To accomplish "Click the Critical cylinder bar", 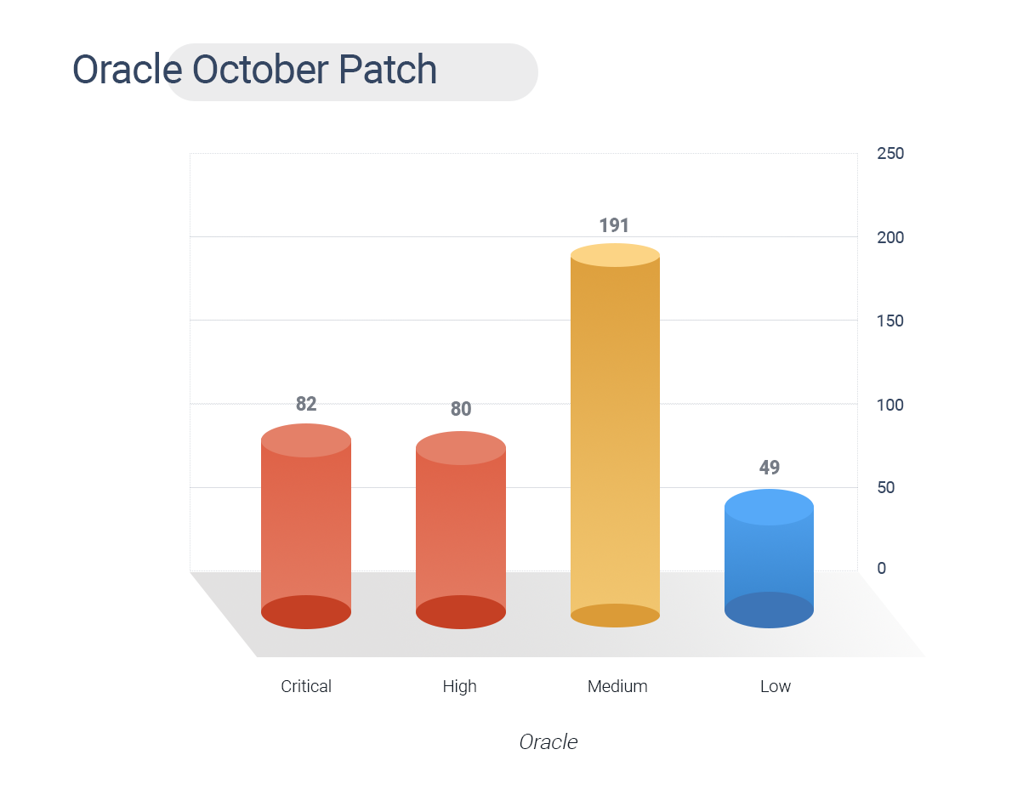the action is pos(306,526).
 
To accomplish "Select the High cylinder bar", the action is pos(460,530).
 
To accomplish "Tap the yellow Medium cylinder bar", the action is pos(615,435).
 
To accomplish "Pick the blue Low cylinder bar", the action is pos(769,559).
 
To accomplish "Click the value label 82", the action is pos(306,404).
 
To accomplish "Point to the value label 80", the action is pos(460,409).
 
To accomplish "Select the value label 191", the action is pos(614,225).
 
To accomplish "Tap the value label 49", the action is pos(770,467).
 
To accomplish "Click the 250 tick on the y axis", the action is pos(890,153).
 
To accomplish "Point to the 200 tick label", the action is pos(890,237).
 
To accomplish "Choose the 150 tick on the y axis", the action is pos(889,321).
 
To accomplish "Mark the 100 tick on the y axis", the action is pos(889,405).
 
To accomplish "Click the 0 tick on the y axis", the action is pos(881,568).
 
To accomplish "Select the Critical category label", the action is pos(306,686).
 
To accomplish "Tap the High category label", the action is pos(459,686).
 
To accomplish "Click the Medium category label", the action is pos(617,686).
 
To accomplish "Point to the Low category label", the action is pos(776,686).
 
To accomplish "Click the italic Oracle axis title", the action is pos(548,742).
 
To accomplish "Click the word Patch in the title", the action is pos(388,69).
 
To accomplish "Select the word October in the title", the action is pos(261,69).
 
